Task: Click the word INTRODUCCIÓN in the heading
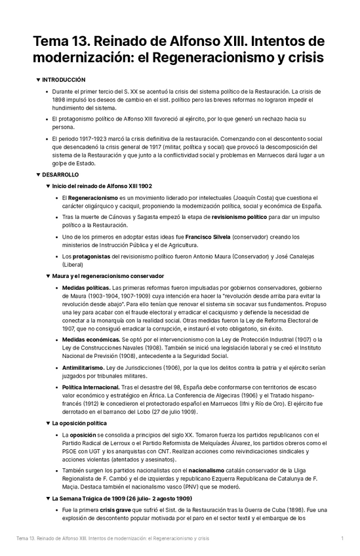[64, 79]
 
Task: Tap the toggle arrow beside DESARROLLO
[38, 175]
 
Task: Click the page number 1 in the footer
[342, 538]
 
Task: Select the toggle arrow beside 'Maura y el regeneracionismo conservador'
[47, 276]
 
